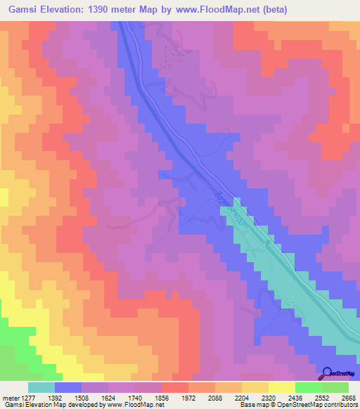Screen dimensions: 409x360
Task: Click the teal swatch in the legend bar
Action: coord(41,387)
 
